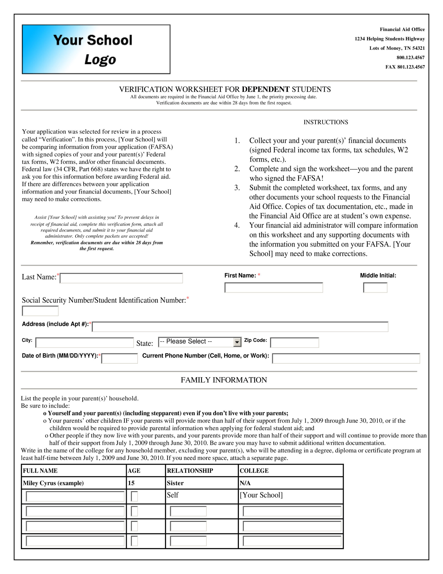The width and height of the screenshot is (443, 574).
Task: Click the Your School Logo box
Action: click(x=96, y=49)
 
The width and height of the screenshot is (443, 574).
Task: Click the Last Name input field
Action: click(x=121, y=278)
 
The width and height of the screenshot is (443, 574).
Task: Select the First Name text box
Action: click(x=273, y=287)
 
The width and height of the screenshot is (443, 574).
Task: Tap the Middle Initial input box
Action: click(x=375, y=287)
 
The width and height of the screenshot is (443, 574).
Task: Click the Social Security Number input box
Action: click(x=40, y=311)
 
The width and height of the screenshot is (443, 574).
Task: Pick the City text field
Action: click(x=85, y=343)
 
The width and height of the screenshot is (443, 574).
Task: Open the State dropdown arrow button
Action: click(x=237, y=342)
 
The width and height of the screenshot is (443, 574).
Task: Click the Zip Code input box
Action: click(x=294, y=343)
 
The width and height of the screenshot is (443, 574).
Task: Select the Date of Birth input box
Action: click(x=119, y=359)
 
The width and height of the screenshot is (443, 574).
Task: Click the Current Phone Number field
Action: click(x=346, y=359)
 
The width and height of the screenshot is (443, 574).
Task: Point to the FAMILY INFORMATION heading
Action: click(x=224, y=380)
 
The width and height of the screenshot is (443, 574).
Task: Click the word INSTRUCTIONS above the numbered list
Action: click(x=326, y=122)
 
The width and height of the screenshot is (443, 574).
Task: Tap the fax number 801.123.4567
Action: click(x=411, y=67)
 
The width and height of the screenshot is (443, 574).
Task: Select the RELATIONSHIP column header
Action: click(x=190, y=471)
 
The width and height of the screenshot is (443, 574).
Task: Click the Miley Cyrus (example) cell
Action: click(x=53, y=483)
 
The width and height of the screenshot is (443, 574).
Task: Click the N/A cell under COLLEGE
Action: click(x=245, y=483)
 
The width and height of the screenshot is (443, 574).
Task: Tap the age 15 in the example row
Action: click(x=131, y=483)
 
